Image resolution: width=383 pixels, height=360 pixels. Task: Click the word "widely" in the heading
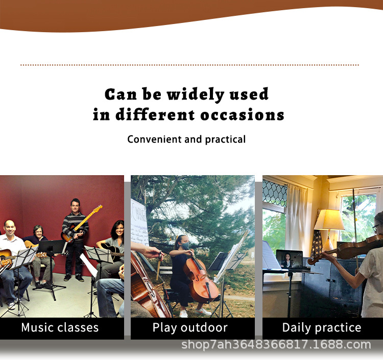(x=196, y=95)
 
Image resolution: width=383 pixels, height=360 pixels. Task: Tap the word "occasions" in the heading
(x=242, y=115)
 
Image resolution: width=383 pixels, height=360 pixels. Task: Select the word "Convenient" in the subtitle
(x=154, y=139)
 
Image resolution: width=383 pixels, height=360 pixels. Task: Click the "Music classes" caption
(x=60, y=327)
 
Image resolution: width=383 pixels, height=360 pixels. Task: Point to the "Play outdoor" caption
(x=190, y=328)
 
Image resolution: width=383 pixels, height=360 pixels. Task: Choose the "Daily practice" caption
(x=322, y=328)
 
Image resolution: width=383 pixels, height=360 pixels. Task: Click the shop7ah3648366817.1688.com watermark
(x=276, y=345)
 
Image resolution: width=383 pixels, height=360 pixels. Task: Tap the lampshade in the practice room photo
(x=329, y=220)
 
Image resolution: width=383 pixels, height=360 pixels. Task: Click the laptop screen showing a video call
(x=290, y=259)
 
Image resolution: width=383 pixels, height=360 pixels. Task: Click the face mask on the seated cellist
(x=185, y=246)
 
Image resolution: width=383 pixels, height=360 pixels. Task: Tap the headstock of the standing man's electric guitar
(x=98, y=208)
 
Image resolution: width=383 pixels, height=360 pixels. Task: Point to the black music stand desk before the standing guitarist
(x=51, y=246)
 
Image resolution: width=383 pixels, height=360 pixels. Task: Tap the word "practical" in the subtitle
(x=225, y=139)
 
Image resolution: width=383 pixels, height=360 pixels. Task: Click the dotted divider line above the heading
(x=189, y=65)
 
